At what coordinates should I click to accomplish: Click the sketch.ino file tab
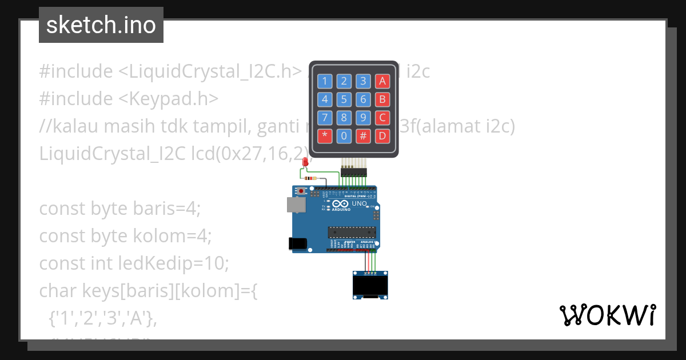click(101, 25)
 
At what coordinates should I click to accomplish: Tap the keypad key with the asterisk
click(325, 136)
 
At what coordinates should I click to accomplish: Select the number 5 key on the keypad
click(344, 99)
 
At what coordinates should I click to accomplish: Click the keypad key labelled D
click(382, 136)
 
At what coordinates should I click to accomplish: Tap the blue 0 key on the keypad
click(344, 136)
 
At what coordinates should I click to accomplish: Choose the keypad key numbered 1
click(325, 81)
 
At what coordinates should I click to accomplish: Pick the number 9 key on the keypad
click(363, 118)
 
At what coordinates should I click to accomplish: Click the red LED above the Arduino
click(306, 163)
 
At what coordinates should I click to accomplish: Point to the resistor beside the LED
click(311, 178)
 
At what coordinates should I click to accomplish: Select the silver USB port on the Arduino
click(296, 205)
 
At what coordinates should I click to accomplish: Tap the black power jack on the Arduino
click(298, 243)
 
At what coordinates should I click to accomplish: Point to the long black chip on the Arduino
click(352, 231)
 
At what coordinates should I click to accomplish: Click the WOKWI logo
click(607, 315)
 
